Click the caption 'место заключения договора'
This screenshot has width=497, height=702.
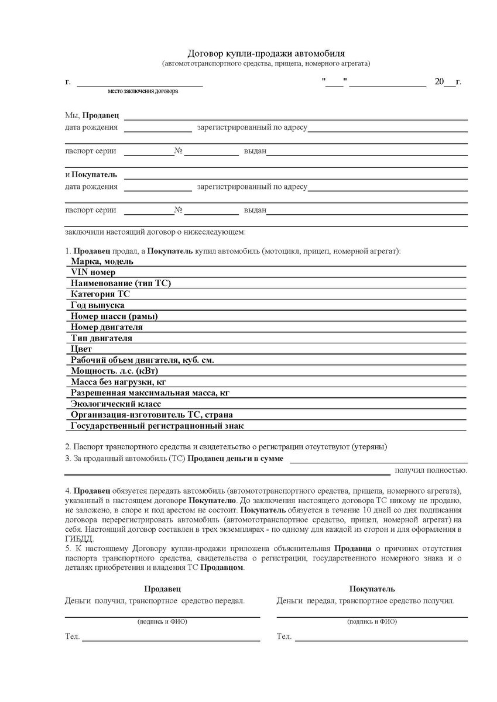pos(143,91)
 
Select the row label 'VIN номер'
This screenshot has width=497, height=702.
pos(93,272)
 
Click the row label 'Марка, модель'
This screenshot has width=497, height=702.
pos(102,261)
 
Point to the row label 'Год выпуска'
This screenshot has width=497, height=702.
pos(97,305)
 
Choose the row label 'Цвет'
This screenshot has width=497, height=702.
pos(81,349)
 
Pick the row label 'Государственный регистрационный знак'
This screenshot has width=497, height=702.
pos(157,426)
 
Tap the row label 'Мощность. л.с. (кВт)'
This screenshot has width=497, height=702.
pos(115,371)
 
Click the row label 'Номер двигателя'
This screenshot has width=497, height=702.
pos(107,327)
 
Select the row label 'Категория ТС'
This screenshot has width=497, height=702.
pos(100,294)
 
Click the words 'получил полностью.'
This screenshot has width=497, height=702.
pos(430,470)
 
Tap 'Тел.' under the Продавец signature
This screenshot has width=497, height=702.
pos(72,636)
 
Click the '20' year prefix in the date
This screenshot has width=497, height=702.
pos(439,82)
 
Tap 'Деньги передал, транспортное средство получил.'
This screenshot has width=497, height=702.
pos(365,601)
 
